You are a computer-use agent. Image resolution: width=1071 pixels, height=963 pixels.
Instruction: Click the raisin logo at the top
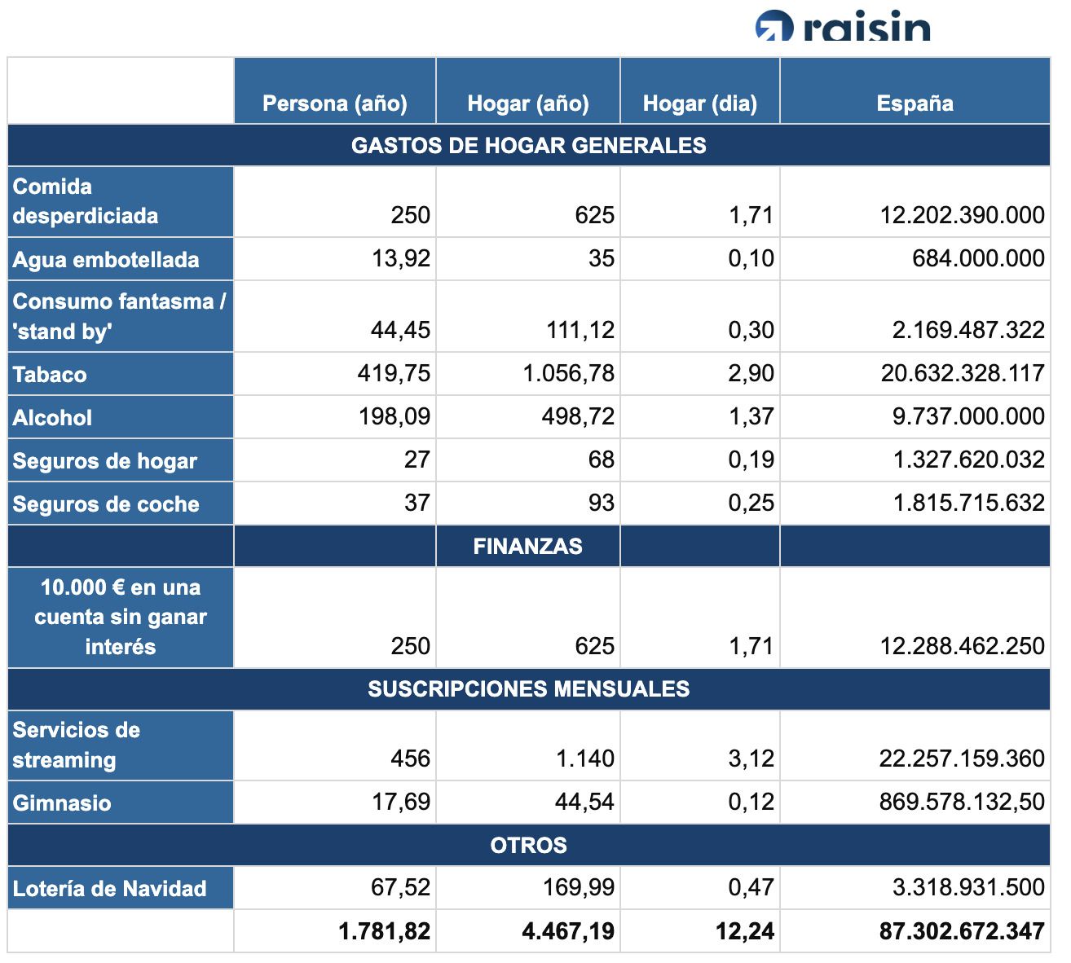pos(843,26)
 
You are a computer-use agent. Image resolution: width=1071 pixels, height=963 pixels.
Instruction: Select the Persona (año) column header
pos(334,103)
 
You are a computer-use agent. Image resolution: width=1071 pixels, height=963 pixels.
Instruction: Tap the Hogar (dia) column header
pos(699,103)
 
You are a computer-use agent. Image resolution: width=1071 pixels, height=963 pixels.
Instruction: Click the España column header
pos(915,103)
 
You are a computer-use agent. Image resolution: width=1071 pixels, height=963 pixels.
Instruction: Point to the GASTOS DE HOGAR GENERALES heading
pos(528,146)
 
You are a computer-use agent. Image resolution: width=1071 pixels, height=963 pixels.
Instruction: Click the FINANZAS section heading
pos(527,546)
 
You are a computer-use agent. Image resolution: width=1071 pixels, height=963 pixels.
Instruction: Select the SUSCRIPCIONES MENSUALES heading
pos(528,689)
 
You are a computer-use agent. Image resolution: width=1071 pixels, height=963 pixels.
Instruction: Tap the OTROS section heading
pos(528,845)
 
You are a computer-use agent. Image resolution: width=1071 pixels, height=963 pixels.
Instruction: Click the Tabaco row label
pos(50,375)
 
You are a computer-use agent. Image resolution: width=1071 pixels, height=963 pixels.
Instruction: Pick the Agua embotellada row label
pos(106,260)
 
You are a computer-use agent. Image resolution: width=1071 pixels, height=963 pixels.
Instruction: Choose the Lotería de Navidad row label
pos(109,888)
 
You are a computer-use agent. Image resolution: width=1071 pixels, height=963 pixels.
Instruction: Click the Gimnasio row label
pos(62,802)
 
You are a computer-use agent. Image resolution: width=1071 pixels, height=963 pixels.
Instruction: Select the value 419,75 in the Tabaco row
pos(394,373)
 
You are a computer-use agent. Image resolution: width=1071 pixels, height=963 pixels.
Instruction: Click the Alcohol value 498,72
pos(578,416)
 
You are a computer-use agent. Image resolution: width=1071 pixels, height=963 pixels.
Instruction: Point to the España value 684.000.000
pos(978,258)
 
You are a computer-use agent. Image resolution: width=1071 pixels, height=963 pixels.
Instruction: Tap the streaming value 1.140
pos(584,759)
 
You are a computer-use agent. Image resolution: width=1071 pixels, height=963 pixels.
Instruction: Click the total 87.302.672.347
pos(962,931)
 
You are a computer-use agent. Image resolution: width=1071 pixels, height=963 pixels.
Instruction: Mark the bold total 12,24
pos(744,931)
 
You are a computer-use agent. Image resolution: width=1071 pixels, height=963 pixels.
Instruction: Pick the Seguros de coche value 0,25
pos(751,503)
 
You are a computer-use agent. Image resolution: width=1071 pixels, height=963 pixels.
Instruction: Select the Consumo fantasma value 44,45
pos(400,330)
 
